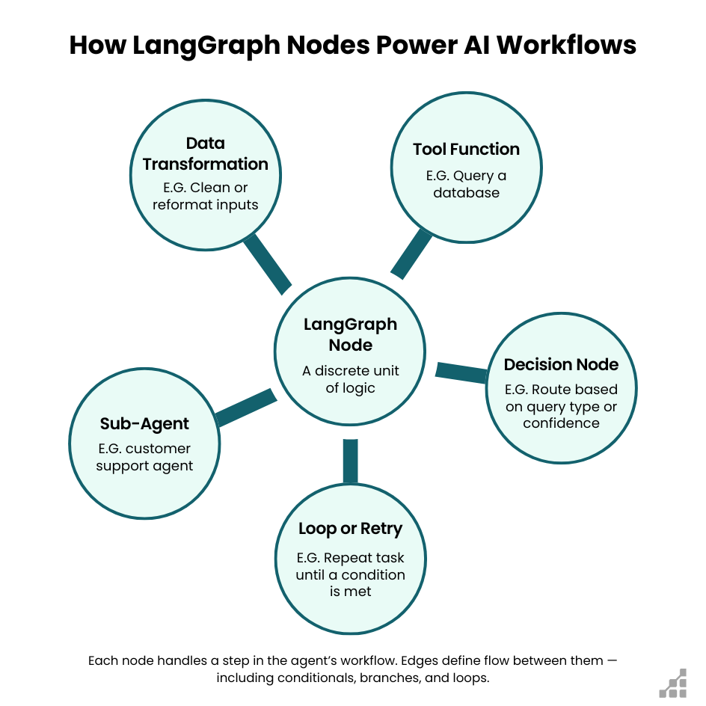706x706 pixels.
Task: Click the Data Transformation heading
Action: tap(205, 153)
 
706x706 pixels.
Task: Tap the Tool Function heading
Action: tap(466, 149)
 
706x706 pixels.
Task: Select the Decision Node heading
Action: tap(561, 364)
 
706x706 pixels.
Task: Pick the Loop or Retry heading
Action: tap(350, 529)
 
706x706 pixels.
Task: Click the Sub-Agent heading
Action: tap(144, 423)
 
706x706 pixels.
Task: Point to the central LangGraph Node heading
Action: tap(350, 334)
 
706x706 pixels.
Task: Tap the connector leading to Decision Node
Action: tap(461, 372)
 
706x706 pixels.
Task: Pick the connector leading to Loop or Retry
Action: tap(350, 461)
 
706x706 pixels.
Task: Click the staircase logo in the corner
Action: tap(673, 681)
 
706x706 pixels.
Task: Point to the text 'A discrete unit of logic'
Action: tap(350, 379)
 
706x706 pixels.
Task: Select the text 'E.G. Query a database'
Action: tap(466, 185)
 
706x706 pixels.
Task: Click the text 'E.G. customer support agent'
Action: tap(144, 457)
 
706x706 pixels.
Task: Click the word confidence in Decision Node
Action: tap(561, 423)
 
